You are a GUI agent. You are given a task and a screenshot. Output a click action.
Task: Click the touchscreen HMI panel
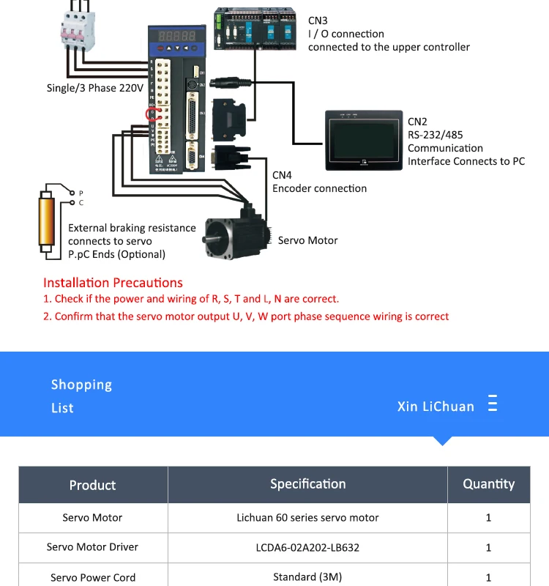pos(364,140)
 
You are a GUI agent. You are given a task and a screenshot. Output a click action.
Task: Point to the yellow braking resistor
pos(47,221)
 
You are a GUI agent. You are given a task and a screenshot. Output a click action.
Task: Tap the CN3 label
pos(318,21)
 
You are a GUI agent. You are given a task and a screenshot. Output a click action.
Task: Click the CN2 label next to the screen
pos(417,122)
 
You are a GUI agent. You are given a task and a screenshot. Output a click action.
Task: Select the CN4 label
pos(282,175)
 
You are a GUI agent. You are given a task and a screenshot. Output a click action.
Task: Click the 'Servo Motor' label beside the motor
pos(307,240)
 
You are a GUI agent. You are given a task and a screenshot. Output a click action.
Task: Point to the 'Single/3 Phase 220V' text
pos(94,89)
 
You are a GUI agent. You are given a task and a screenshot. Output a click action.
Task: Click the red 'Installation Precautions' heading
pos(113,283)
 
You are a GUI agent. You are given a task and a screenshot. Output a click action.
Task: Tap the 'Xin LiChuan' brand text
pos(436,406)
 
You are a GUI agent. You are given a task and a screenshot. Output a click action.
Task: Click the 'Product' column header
pos(92,485)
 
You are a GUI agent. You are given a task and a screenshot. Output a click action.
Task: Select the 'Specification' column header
pos(307,483)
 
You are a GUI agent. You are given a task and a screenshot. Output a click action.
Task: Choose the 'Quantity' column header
pos(488,483)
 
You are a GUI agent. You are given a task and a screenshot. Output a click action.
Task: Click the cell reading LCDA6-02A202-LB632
pos(307,547)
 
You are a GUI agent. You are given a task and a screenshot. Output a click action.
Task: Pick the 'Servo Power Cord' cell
pos(92,577)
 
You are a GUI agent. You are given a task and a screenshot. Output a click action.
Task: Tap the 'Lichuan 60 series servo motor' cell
pos(307,517)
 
